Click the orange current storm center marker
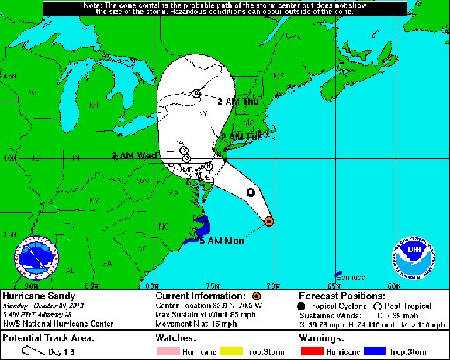pos(268,221)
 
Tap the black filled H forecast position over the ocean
pos(250,192)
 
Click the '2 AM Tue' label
pos(244,136)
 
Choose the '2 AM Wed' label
pos(134,155)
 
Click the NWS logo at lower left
pos(36,258)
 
